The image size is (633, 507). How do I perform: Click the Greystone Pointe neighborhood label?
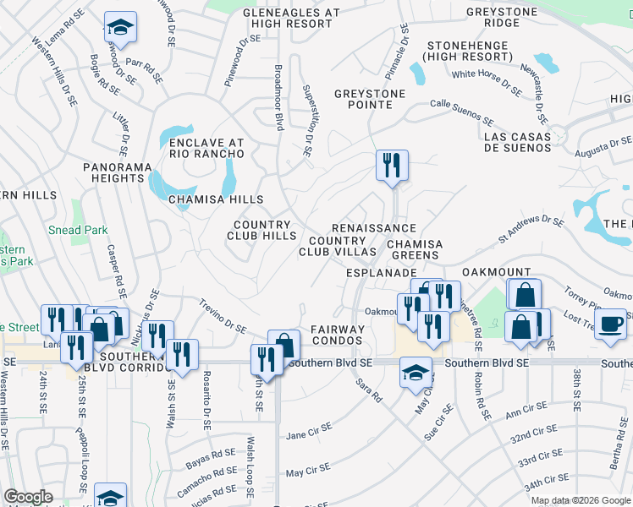pos(363,99)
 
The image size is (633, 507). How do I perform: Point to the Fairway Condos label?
pos(336,335)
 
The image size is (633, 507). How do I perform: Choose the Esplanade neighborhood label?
pos(382,274)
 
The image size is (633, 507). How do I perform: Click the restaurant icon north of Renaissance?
pos(392,165)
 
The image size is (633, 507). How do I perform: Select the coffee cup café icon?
pos(610,324)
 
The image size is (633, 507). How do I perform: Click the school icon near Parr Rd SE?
pos(121,29)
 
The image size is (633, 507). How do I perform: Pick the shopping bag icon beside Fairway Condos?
pos(285,345)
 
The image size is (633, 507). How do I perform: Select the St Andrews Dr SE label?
pos(531,226)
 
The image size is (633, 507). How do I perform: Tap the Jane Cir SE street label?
pos(306,436)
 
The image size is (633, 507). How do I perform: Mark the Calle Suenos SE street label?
pos(461,111)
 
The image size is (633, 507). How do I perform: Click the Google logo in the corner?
pos(28,497)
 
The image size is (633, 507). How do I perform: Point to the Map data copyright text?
pos(581,500)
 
